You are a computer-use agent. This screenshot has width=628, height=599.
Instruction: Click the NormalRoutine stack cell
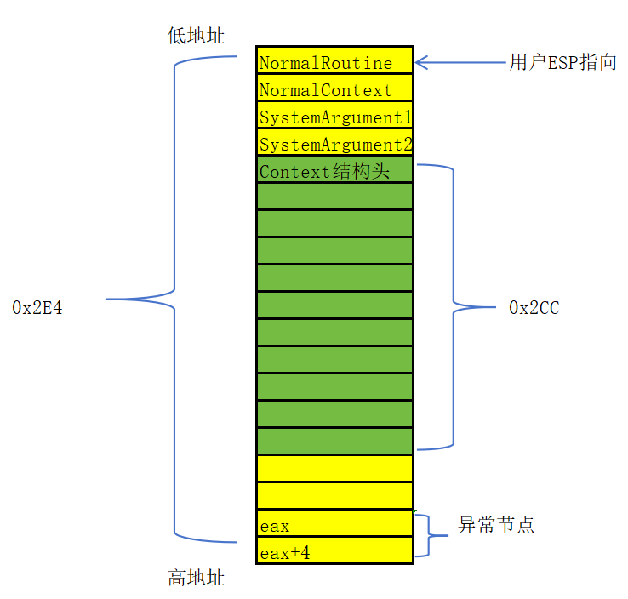[334, 62]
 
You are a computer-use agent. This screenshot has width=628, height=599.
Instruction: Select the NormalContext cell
[334, 89]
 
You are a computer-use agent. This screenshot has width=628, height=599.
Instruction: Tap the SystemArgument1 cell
[334, 117]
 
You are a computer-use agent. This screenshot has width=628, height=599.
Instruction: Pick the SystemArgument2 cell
[334, 144]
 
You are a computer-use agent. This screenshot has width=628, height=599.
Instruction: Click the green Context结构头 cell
[334, 170]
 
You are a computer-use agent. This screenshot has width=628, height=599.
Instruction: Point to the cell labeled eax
[334, 524]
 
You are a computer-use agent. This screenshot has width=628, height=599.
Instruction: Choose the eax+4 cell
[334, 551]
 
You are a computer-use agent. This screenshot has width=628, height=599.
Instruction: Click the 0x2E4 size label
[37, 308]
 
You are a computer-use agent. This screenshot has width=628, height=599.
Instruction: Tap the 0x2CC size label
[534, 308]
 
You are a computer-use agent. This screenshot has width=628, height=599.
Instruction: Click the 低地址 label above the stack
[197, 36]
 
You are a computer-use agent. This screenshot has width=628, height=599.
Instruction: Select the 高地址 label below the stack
[197, 578]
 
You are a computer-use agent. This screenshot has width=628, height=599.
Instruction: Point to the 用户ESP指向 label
[562, 63]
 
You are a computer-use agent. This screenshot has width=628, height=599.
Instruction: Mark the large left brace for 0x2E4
[175, 299]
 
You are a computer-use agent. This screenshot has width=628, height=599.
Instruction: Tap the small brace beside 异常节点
[430, 535]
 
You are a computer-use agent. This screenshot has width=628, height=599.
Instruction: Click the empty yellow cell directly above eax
[334, 496]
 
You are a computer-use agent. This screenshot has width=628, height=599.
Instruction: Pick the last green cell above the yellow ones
[334, 442]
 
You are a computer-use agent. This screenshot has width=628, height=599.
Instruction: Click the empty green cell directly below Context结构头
[334, 197]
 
